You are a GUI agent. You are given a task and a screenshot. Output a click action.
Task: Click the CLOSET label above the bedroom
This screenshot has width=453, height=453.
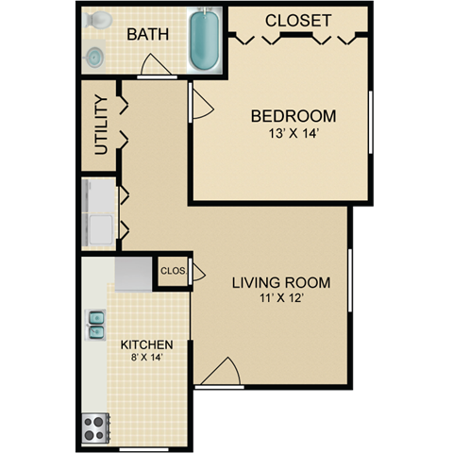(x=297, y=20)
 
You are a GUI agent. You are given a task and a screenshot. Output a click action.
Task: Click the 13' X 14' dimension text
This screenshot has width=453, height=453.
(x=293, y=134)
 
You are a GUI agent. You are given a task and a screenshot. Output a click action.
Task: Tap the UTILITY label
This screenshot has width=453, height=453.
(x=101, y=125)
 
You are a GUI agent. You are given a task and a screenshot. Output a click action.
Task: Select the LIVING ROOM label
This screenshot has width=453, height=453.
(x=280, y=281)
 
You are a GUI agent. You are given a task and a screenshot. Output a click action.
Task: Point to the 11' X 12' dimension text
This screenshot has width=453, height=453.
(x=280, y=298)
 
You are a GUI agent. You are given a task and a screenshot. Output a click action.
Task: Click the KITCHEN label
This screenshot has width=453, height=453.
(x=145, y=344)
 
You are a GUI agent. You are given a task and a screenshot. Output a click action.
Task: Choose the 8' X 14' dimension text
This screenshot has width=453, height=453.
(x=145, y=359)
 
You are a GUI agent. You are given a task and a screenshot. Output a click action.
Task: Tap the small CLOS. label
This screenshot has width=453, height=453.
(x=173, y=271)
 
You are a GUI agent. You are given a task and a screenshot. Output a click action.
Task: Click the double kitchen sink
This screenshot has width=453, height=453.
(x=96, y=325)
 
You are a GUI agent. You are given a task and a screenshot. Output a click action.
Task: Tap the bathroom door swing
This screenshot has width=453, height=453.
(x=153, y=67)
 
